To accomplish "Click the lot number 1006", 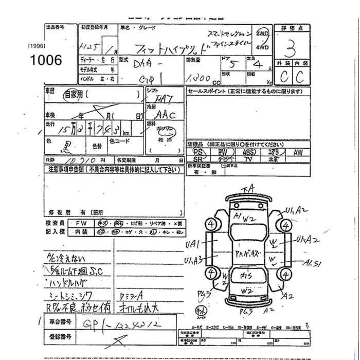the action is coord(46,60).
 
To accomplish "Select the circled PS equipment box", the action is coord(197,153).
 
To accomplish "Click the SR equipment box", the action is coord(197,160).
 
